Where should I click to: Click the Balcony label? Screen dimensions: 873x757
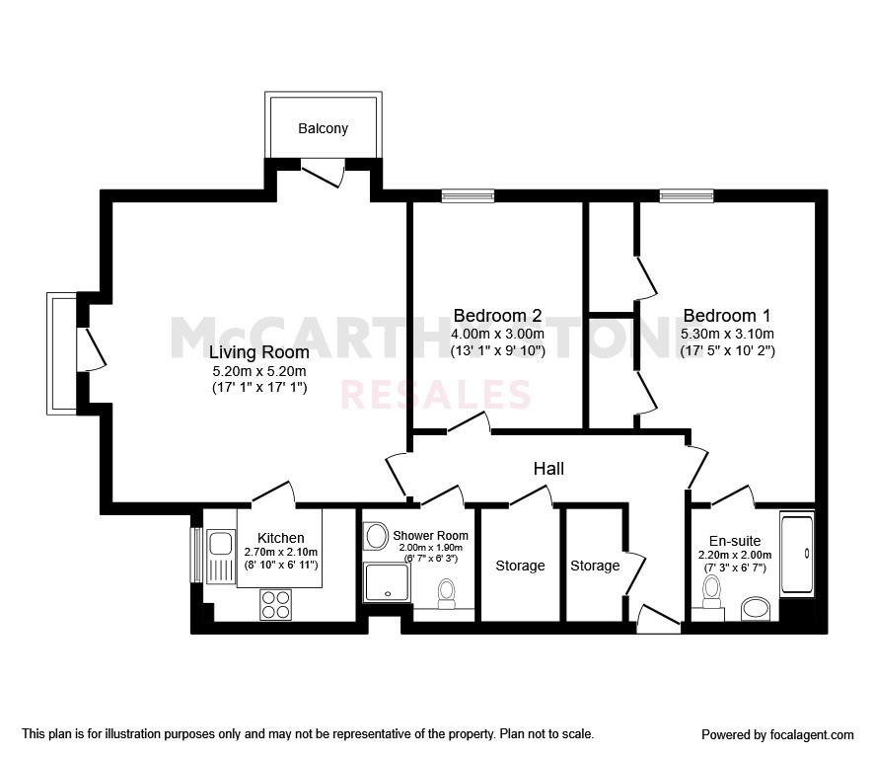[x=323, y=128]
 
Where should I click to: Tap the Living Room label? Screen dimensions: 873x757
[x=258, y=352]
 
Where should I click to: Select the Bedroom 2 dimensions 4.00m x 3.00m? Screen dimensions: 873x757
[x=497, y=334]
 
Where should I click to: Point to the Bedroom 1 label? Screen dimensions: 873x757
[x=727, y=316]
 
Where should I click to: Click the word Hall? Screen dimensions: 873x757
[x=548, y=469]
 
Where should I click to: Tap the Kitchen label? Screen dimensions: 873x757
[x=280, y=538]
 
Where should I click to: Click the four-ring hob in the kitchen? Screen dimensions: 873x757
[x=275, y=604]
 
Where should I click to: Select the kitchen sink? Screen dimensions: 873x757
[x=220, y=557]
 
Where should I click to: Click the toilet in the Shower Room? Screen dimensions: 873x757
[x=447, y=594]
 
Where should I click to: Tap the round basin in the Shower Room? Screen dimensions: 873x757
[x=377, y=536]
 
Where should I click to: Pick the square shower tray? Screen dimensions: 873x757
[x=387, y=582]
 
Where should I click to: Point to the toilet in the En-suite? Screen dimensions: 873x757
[x=711, y=592]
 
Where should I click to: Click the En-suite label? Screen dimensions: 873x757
[x=734, y=541]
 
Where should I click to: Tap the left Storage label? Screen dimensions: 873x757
[x=520, y=566]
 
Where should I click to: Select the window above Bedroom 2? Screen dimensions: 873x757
[x=468, y=195]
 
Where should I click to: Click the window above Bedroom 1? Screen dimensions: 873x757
[x=687, y=195]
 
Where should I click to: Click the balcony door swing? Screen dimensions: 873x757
[x=324, y=173]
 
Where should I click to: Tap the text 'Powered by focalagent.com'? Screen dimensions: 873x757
[x=777, y=735]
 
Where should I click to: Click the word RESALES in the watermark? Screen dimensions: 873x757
[x=435, y=395]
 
